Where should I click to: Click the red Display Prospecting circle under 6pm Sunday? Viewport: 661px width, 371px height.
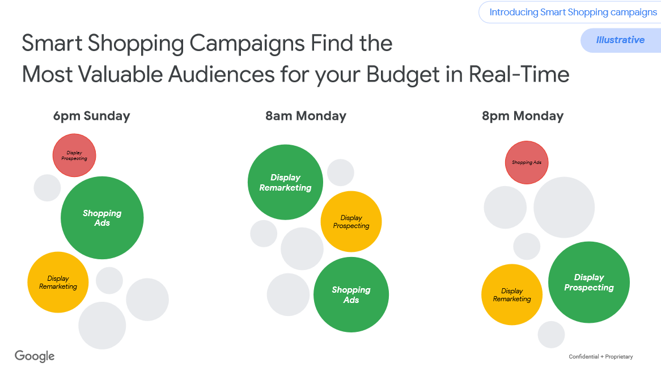point(74,155)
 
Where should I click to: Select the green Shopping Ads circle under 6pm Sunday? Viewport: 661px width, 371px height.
point(102,218)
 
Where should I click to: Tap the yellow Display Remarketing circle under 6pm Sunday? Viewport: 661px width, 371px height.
point(58,283)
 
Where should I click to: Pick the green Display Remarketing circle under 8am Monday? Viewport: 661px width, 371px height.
point(285,182)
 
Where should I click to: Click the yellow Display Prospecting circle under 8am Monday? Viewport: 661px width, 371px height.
point(351,222)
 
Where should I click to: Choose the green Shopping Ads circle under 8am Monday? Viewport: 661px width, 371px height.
point(351,294)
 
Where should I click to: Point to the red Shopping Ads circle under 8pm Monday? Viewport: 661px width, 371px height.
point(527,162)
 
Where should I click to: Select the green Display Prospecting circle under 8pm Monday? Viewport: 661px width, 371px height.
point(589,283)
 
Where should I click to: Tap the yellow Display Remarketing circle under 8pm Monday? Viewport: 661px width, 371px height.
point(512,294)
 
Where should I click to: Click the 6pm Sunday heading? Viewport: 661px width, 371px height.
point(91,116)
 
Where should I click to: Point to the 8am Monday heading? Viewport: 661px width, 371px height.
point(306,116)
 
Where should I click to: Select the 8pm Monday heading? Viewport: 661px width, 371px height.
point(523,116)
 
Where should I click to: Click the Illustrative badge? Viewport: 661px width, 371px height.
point(621,40)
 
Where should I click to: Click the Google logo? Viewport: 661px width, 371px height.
point(35,356)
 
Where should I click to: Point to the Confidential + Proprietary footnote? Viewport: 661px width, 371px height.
point(601,357)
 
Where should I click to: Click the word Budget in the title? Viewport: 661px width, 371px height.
point(402,75)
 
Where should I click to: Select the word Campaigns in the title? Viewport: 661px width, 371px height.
point(247,44)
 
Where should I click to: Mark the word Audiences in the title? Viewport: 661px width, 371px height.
point(222,74)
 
